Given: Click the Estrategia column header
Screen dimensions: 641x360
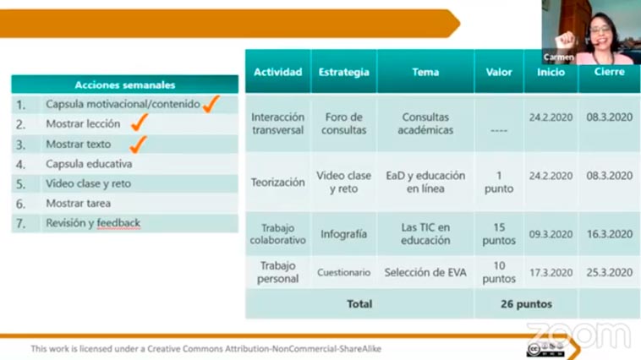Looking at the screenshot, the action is click(344, 73).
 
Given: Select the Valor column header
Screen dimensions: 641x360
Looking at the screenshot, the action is click(499, 73).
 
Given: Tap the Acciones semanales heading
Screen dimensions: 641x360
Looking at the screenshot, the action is click(125, 85).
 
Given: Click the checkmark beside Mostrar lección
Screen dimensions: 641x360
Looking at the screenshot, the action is click(140, 123).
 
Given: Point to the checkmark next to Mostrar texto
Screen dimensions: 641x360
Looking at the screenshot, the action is click(138, 145).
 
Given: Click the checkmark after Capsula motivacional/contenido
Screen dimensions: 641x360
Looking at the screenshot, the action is click(211, 104).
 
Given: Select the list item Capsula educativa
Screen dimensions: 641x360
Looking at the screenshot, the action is click(89, 164).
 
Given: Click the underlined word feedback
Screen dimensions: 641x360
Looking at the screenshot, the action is click(118, 223).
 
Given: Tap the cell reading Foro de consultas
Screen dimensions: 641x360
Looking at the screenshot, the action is click(344, 123).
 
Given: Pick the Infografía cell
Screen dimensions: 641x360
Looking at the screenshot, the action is click(344, 234).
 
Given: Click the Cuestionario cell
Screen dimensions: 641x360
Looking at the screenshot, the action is click(344, 273).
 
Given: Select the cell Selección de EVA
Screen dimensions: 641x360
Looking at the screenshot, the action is click(425, 273).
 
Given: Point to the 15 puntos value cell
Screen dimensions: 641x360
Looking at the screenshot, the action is click(499, 234).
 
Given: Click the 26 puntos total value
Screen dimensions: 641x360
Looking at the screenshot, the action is click(526, 304).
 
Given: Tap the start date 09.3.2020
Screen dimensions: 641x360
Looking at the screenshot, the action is click(551, 234).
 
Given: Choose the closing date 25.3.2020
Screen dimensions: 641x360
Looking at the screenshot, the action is click(610, 273).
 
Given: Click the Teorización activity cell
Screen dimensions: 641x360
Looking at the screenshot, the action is click(278, 183).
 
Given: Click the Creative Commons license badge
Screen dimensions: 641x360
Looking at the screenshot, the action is click(545, 349).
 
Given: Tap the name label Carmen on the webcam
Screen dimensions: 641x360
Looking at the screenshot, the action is click(558, 57).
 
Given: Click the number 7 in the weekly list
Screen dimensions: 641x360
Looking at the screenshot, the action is click(20, 223).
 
